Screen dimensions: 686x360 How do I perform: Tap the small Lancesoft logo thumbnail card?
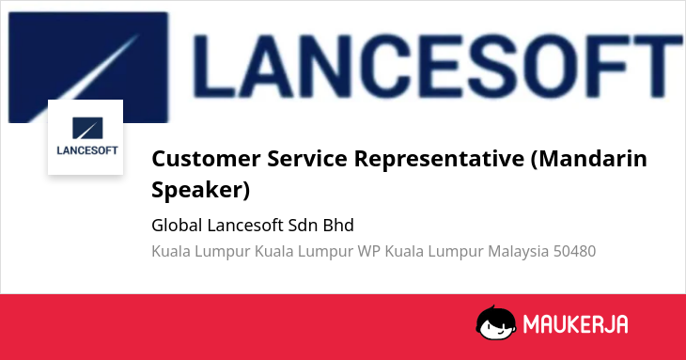(86, 137)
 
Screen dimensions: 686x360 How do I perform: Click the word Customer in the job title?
(206, 158)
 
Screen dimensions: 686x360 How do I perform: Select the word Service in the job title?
(307, 158)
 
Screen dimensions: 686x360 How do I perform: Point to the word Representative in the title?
(439, 159)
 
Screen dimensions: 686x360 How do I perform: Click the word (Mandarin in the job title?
(589, 158)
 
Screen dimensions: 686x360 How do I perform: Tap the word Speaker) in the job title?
(201, 190)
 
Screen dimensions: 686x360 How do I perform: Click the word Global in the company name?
(177, 226)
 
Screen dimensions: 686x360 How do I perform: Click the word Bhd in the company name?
(338, 226)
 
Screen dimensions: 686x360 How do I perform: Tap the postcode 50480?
(574, 252)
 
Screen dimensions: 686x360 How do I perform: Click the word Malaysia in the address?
(518, 252)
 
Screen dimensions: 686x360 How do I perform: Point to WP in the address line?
(368, 252)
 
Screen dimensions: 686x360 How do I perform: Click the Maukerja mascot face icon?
(495, 322)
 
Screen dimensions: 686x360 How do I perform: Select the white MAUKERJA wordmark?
(576, 324)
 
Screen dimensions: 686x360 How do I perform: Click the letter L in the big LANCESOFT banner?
(213, 66)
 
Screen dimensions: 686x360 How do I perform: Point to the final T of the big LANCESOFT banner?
(654, 66)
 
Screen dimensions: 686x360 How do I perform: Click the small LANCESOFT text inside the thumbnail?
(87, 150)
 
